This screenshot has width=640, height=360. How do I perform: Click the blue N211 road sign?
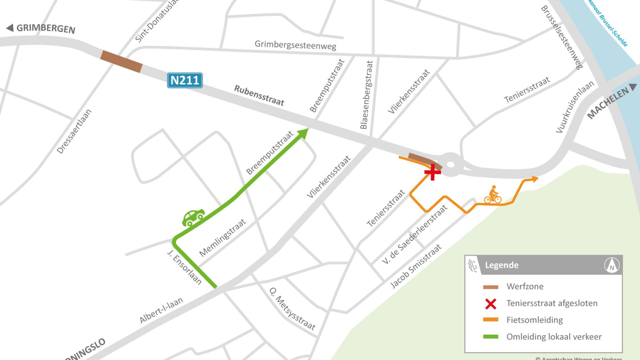185,80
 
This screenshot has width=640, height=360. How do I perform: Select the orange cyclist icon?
493,195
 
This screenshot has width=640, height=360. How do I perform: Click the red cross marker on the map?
432,172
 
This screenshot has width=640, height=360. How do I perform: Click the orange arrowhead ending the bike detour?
534,179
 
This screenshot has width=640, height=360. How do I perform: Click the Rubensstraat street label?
259,95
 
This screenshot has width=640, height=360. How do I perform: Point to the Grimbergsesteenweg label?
295,45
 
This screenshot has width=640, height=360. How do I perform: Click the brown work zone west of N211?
122,61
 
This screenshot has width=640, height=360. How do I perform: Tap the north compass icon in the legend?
612,265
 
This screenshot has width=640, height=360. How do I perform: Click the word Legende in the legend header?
502,265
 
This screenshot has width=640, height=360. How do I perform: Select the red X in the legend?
491,304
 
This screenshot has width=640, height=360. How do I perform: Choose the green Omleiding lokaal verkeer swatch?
491,337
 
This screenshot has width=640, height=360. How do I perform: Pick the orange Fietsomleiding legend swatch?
491,320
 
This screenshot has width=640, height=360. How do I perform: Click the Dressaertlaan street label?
74,131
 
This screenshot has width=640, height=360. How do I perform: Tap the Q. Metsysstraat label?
292,309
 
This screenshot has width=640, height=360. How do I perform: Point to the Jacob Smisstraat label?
416,266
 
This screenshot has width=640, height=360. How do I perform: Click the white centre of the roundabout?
450,164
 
